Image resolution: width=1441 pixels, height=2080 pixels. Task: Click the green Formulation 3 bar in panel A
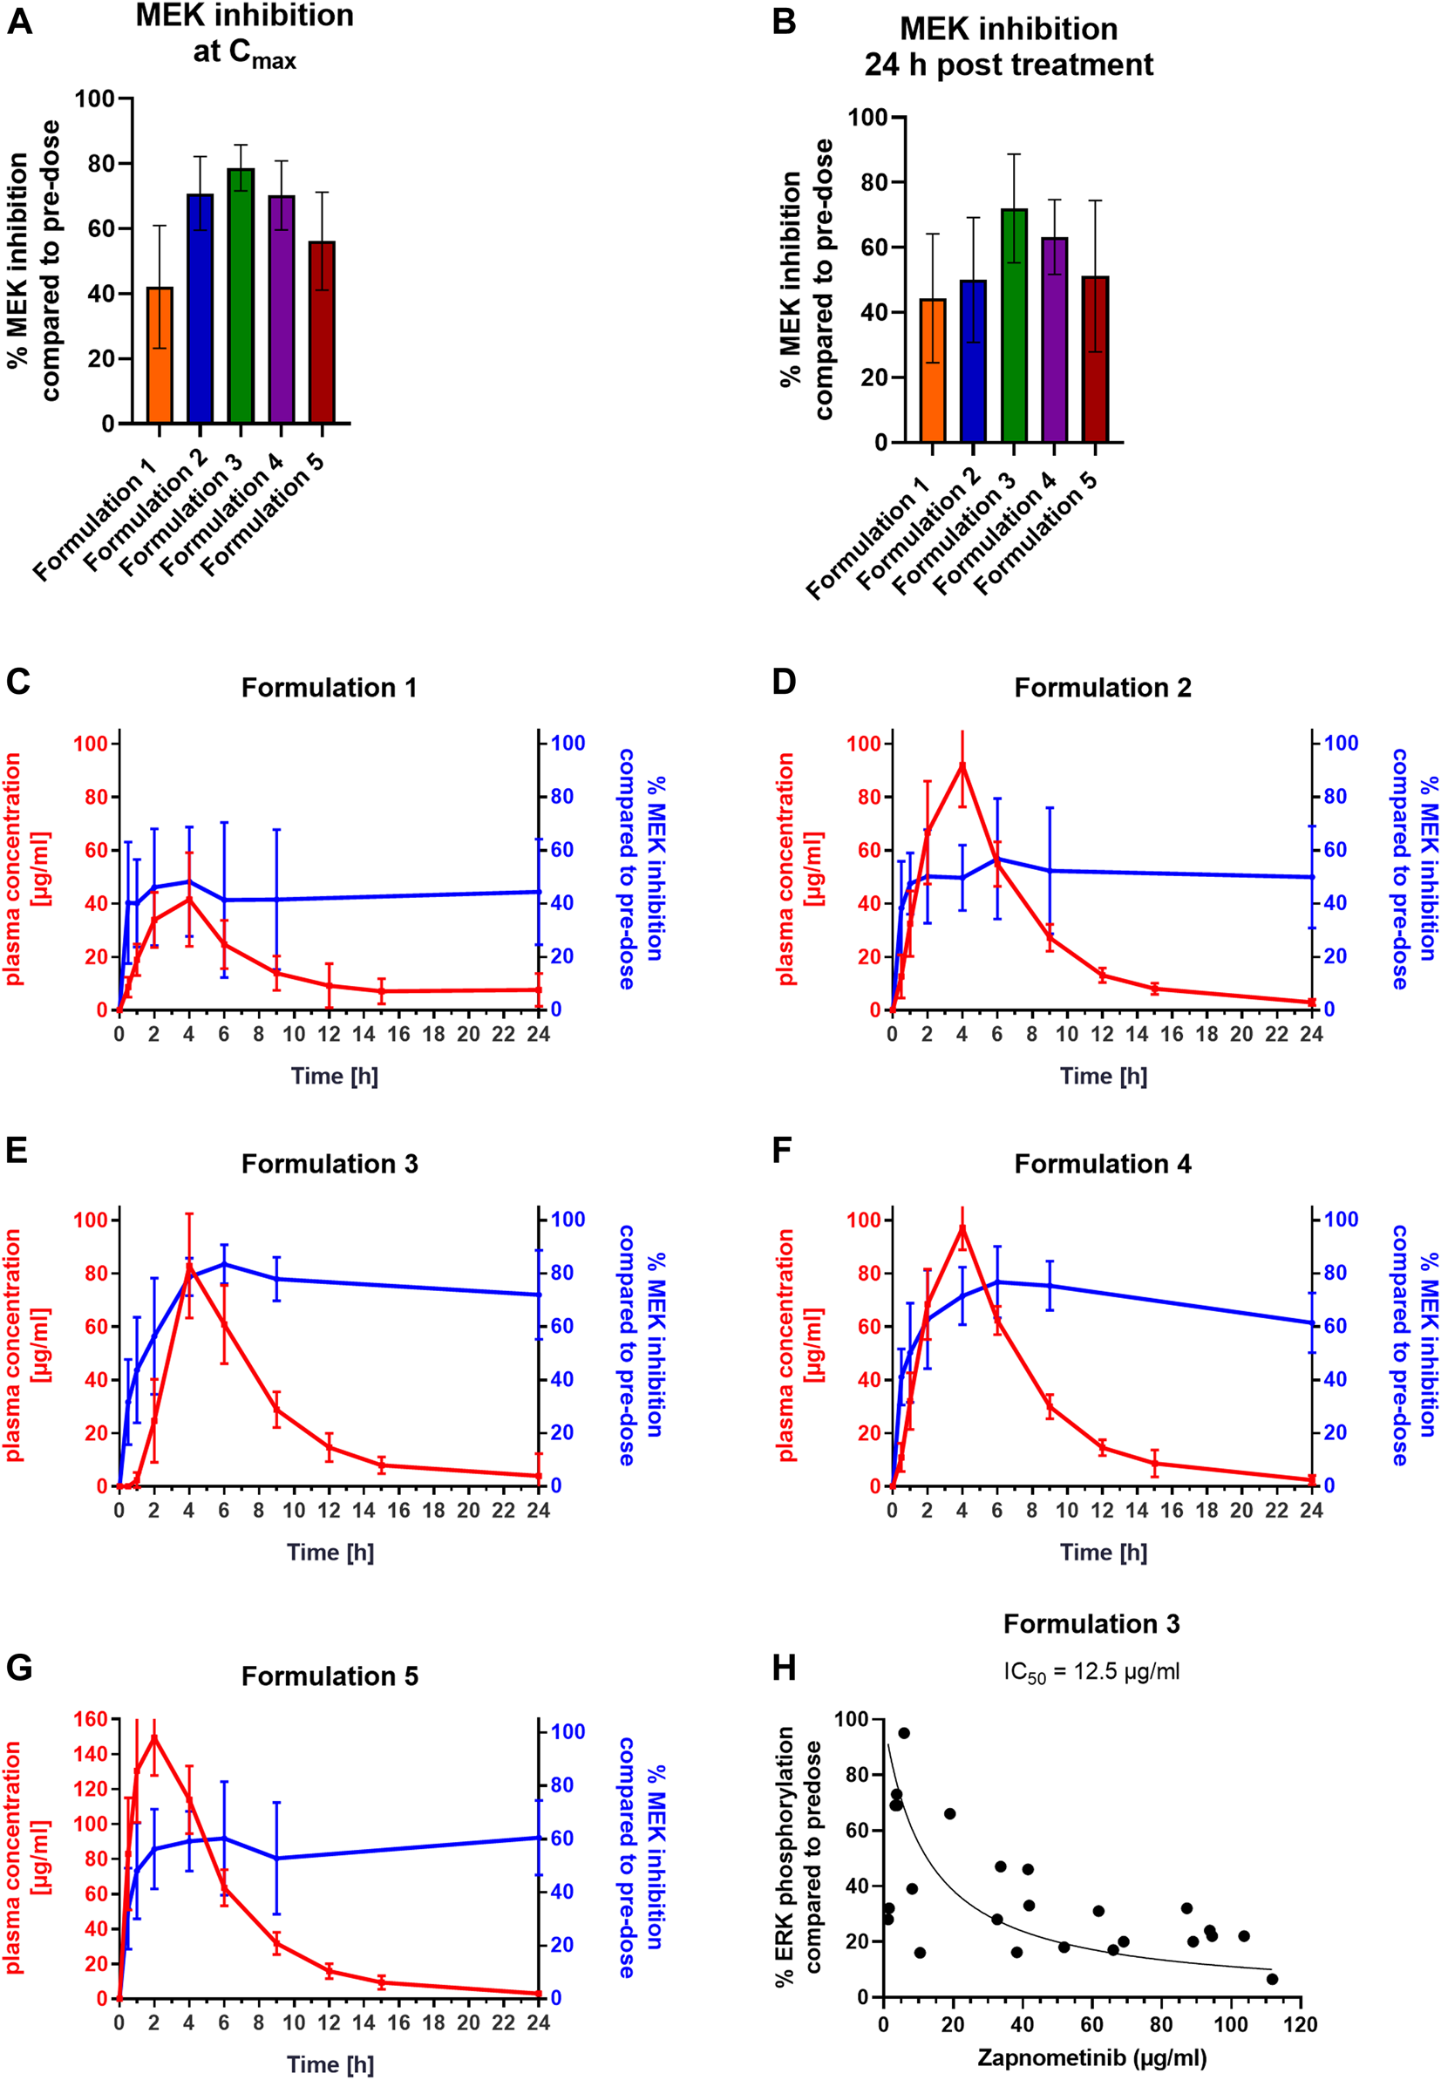pos(241,298)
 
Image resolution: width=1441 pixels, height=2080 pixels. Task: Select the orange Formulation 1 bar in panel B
pos(933,370)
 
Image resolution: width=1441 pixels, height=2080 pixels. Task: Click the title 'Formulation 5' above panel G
pos(330,1676)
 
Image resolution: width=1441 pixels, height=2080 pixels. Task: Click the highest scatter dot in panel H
pos(903,1733)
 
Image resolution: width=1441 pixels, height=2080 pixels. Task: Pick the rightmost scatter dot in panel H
pos(1271,1979)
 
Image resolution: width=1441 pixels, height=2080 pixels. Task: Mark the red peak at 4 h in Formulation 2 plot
pos(962,765)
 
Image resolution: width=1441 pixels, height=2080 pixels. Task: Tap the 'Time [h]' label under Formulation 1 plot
pos(334,1076)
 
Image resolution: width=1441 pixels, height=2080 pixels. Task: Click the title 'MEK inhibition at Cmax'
pos(245,33)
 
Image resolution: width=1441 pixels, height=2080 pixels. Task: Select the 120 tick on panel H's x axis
pos(1299,2025)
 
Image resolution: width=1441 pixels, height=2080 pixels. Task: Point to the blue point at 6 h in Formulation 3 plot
pos(224,1264)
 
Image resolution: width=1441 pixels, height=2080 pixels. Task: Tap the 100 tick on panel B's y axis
pos(867,118)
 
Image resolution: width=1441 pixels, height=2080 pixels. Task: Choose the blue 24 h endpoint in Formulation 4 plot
pos(1311,1322)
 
